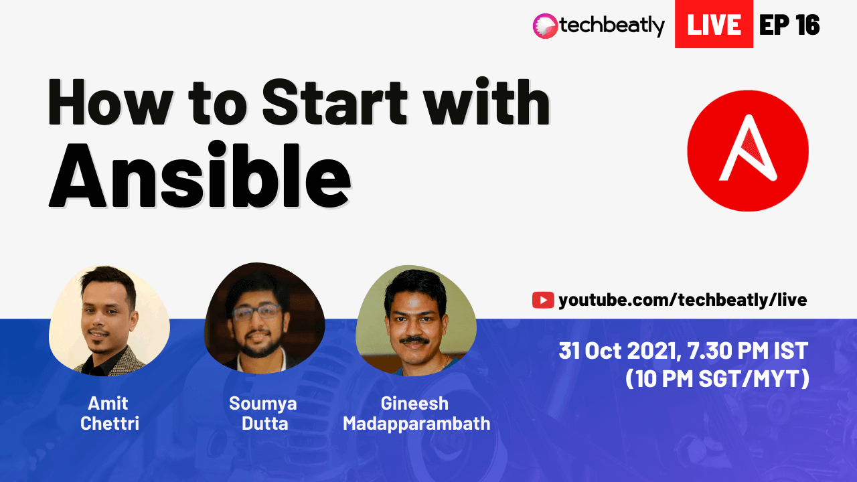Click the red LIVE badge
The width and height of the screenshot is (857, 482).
point(714,24)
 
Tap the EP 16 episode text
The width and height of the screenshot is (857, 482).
point(789,25)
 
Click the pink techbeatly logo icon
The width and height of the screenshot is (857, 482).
point(545,26)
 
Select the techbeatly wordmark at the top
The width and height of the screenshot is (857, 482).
point(612,26)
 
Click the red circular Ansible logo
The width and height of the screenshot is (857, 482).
point(748,151)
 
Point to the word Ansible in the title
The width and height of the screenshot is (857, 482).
point(200,175)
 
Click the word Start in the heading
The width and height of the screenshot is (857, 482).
point(335,102)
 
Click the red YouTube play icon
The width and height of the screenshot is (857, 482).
point(543,300)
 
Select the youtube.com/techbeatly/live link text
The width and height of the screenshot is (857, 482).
point(683,300)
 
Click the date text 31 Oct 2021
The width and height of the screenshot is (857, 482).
point(620,350)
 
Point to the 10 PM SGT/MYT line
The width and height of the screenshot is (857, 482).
point(717,379)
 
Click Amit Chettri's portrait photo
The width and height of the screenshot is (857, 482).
point(109,321)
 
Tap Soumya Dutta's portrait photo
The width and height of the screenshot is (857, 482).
point(264,317)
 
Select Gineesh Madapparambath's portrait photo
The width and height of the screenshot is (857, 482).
point(416,320)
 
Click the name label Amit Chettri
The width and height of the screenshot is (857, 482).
point(109,413)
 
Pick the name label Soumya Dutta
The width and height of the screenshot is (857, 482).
point(263,413)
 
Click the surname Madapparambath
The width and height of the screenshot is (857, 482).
point(416,424)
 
